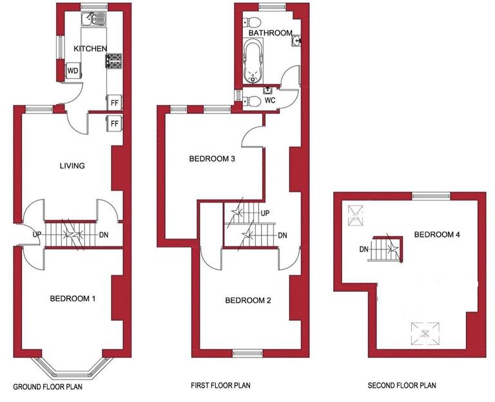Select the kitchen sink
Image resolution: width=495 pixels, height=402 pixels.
[x=94, y=20]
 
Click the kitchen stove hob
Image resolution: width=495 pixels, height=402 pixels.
[x=114, y=61]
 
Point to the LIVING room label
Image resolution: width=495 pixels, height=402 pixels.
[x=72, y=166]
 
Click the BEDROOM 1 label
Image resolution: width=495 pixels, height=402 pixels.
[x=73, y=298]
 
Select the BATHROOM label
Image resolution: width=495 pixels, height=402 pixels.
[x=271, y=33]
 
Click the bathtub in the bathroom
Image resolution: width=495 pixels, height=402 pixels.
[x=252, y=62]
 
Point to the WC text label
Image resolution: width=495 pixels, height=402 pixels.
[x=270, y=100]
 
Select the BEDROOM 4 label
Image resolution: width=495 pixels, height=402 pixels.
[x=437, y=235]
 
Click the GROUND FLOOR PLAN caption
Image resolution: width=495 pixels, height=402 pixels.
[x=48, y=388]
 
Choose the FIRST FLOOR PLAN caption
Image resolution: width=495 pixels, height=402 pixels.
[x=220, y=386]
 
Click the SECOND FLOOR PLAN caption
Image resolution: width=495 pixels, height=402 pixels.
[x=402, y=386]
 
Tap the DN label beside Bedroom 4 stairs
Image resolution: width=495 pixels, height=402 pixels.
[x=364, y=249]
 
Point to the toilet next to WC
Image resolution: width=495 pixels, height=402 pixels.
[x=251, y=100]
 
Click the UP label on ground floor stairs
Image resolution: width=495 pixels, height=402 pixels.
[x=37, y=235]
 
